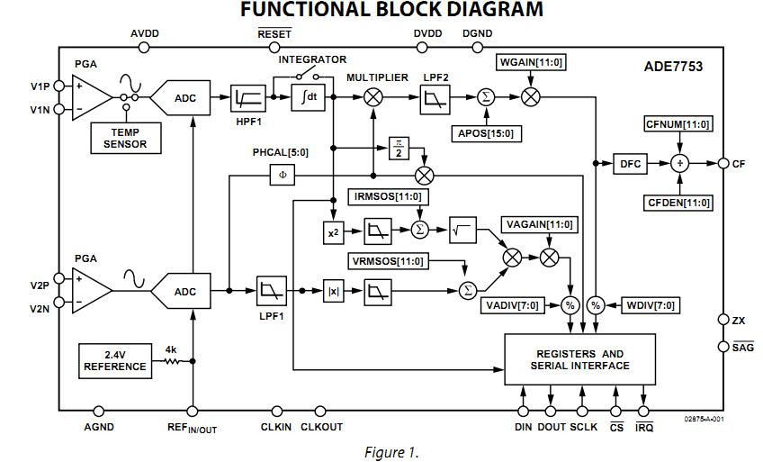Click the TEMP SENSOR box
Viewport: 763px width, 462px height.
[125, 138]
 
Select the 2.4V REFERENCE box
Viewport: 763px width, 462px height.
[115, 359]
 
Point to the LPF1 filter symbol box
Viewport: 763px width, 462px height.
[271, 291]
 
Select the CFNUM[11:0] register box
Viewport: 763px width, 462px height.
[679, 124]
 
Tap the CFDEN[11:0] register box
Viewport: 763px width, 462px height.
[679, 203]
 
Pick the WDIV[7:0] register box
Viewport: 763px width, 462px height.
[651, 305]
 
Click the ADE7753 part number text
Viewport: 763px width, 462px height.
[674, 67]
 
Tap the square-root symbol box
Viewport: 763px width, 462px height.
[463, 230]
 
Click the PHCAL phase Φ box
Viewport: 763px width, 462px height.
[283, 175]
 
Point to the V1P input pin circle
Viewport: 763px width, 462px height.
[59, 86]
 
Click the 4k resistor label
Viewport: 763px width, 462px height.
[171, 349]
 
